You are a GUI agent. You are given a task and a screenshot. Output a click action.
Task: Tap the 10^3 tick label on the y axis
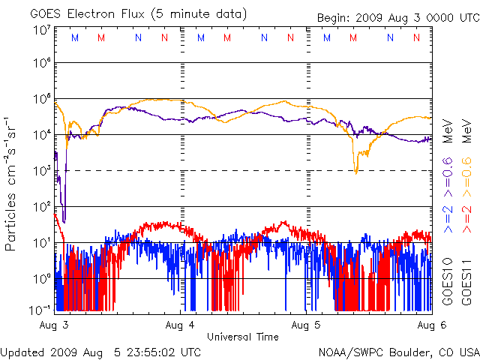[x=41, y=170]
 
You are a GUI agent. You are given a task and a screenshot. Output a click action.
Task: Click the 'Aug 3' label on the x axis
[x=55, y=326]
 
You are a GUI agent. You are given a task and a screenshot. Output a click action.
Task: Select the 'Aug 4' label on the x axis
[x=181, y=326]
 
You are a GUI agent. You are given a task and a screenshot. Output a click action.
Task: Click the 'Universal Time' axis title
[x=242, y=337]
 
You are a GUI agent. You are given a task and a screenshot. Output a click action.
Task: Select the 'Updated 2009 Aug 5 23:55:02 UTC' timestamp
[x=100, y=351]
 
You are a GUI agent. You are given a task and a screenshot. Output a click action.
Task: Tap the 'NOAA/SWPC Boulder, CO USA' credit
[x=398, y=351]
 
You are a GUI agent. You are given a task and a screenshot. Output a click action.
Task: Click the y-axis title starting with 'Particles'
[x=12, y=183]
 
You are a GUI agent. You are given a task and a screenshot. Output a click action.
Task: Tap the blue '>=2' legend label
[x=448, y=217]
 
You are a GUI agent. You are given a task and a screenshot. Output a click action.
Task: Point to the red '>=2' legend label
[x=466, y=217]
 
